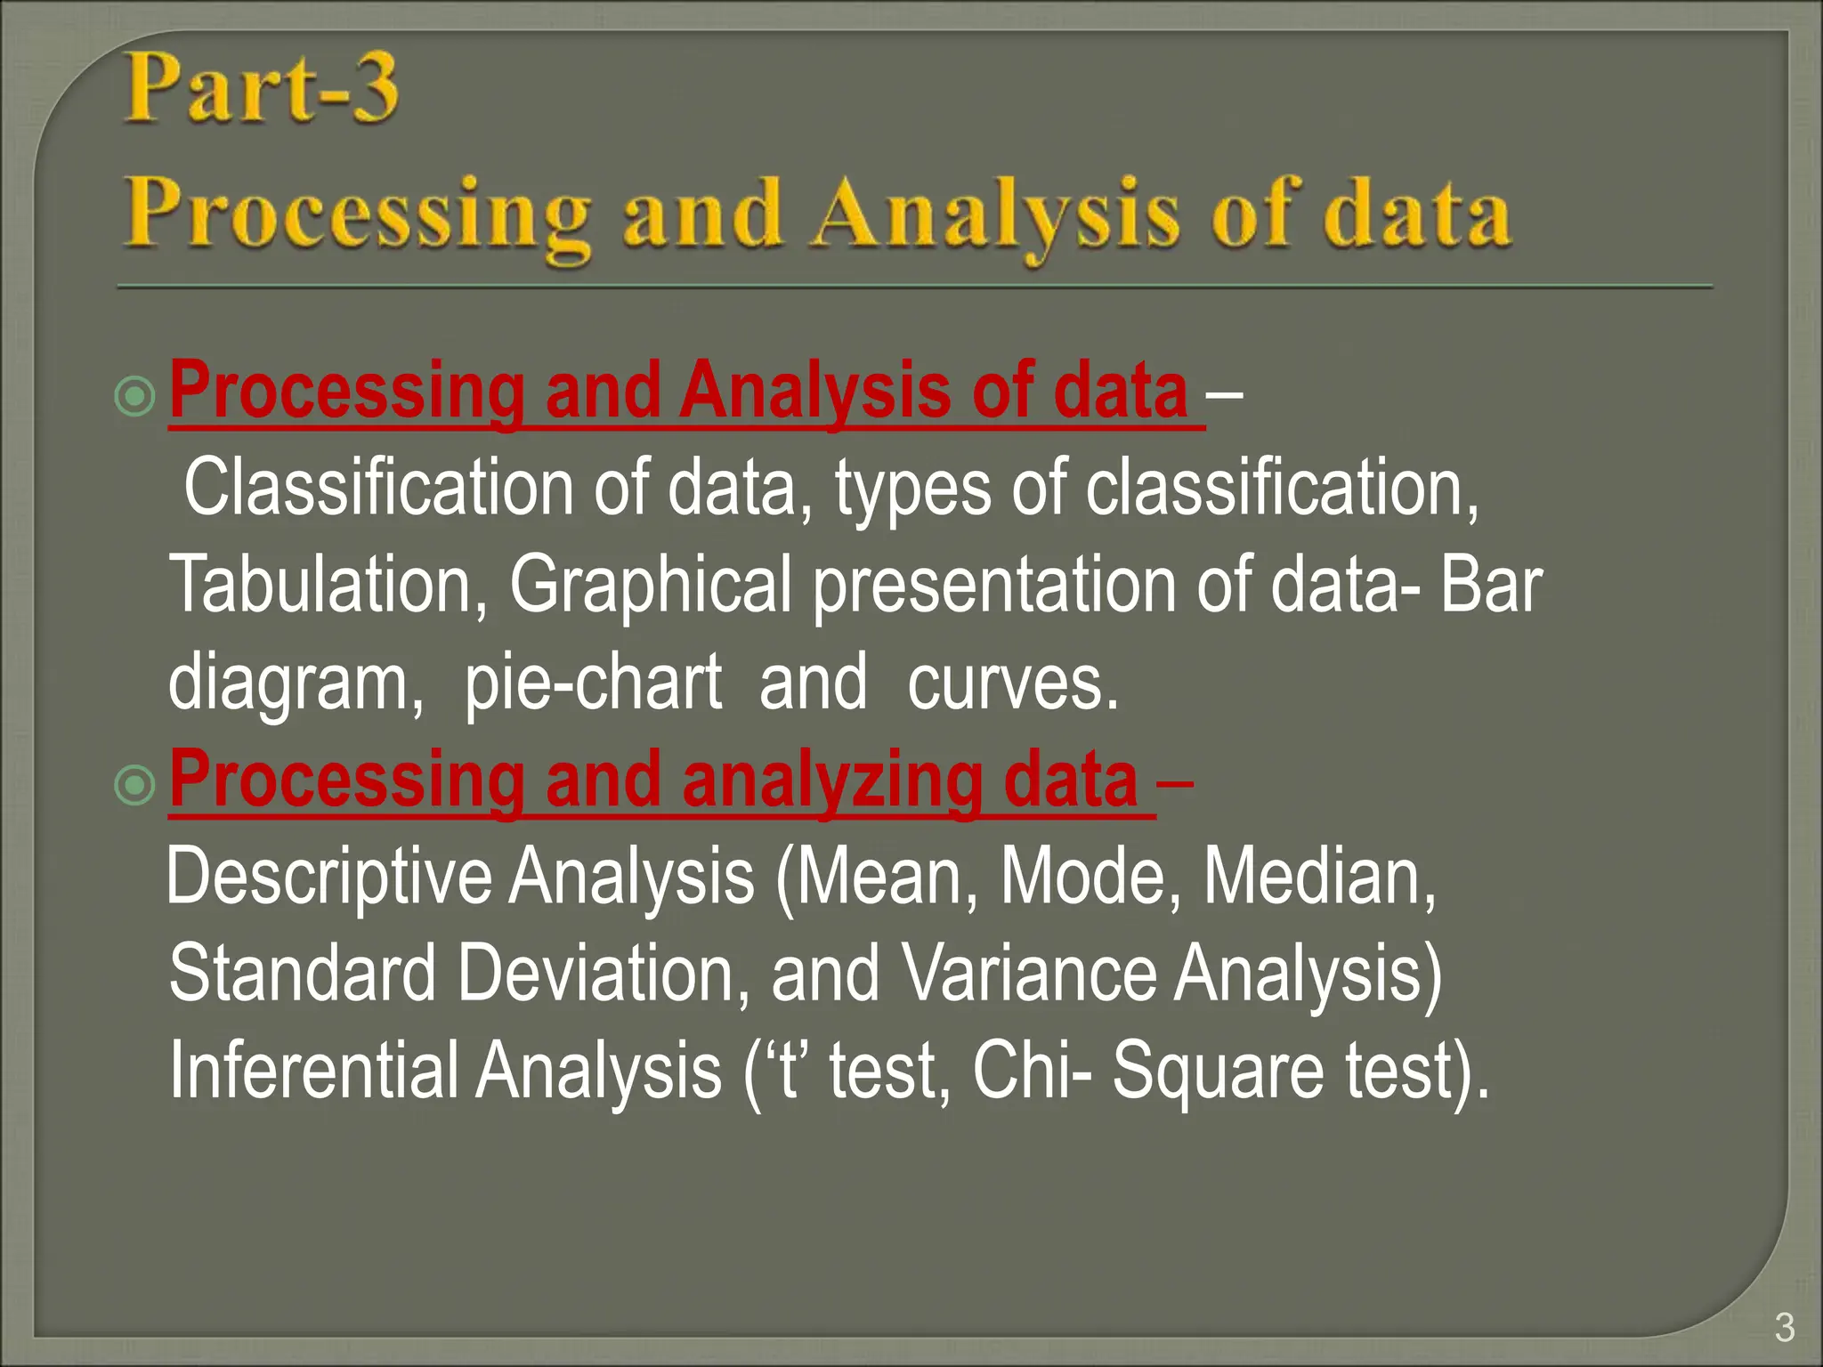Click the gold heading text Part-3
coord(260,89)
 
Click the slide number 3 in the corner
coord(1784,1328)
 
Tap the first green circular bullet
coord(135,395)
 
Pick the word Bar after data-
coord(1491,586)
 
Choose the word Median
coord(1317,878)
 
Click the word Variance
coord(1028,974)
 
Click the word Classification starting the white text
coord(378,488)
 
